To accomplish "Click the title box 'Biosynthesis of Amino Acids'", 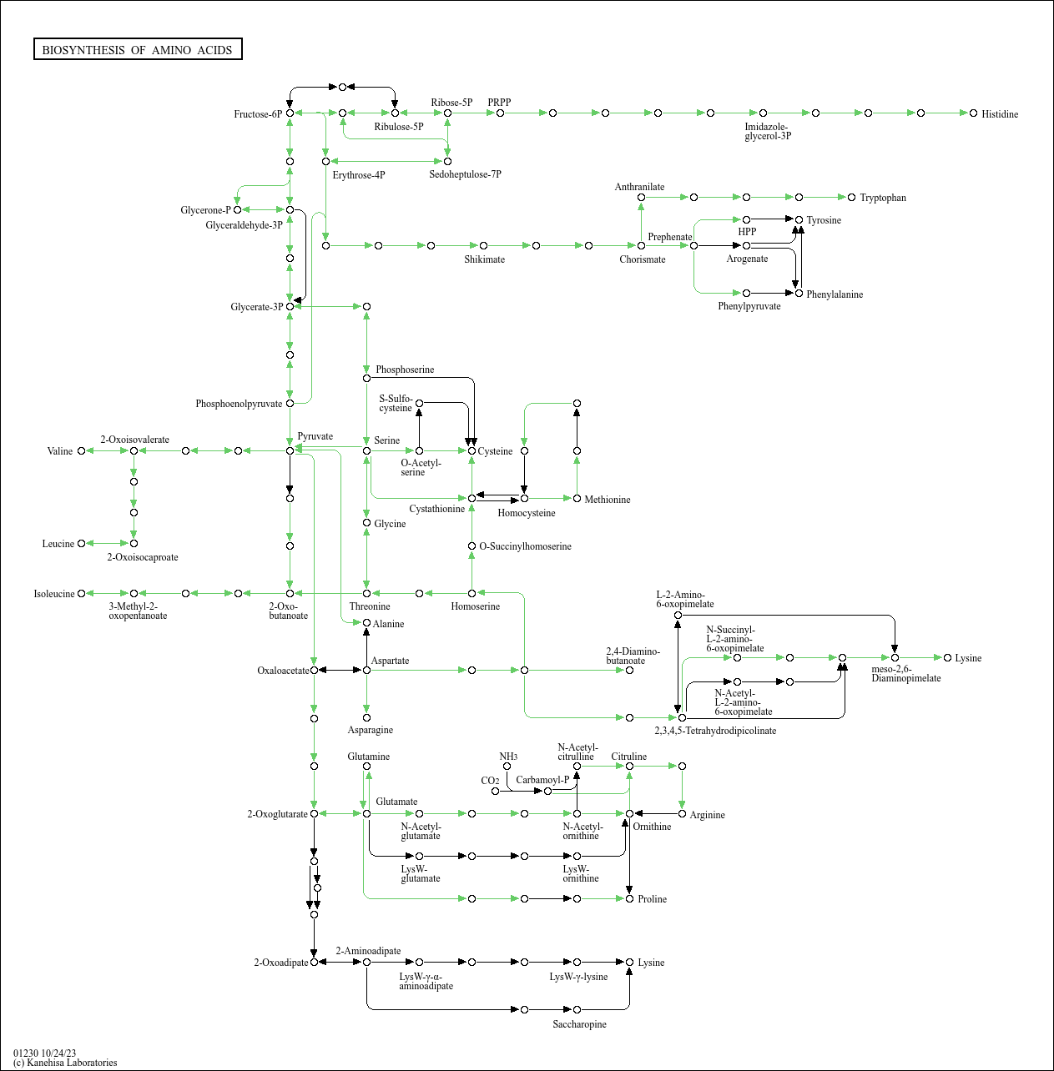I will [x=138, y=50].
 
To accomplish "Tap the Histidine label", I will [x=999, y=114].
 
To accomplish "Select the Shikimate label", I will [x=484, y=259].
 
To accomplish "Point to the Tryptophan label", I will [x=882, y=198].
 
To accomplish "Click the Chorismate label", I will [x=642, y=259].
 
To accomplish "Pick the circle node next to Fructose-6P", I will [x=290, y=113].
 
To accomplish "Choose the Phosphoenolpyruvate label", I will [x=239, y=404].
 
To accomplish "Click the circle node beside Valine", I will [x=81, y=451].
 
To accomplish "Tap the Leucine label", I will [x=58, y=544].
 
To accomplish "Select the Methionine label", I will [x=607, y=500].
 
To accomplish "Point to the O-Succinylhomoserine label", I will [x=525, y=546].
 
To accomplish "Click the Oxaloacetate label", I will [x=283, y=671].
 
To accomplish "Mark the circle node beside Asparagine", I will [x=366, y=717].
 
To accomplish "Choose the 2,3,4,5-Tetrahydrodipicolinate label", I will [x=715, y=731].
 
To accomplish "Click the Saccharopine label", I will [x=579, y=1024].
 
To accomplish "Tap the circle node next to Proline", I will [x=629, y=898].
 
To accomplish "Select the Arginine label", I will [x=707, y=815].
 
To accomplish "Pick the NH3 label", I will [x=508, y=757].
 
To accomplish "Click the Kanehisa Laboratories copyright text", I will [x=65, y=1063].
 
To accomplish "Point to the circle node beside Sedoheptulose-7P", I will [x=447, y=161].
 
